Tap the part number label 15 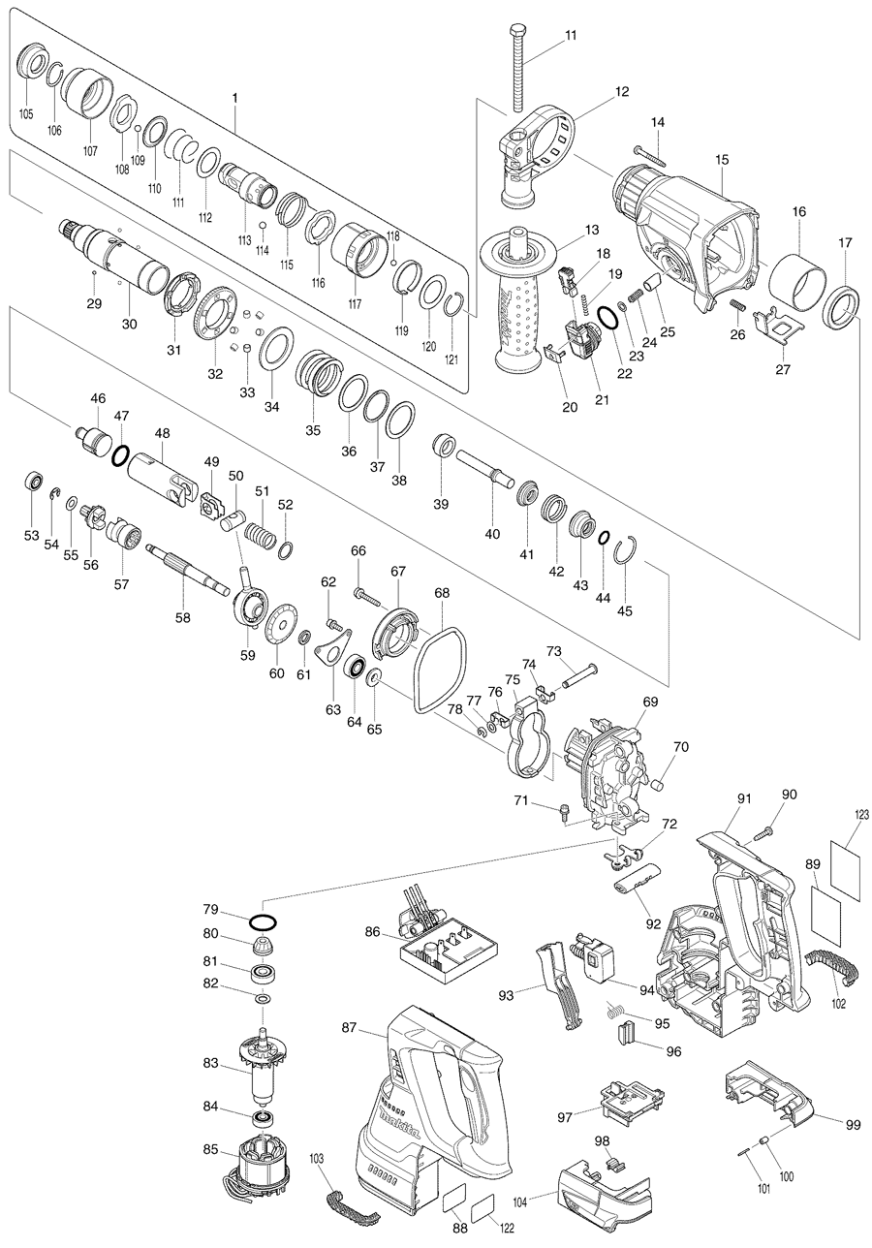pyautogui.click(x=722, y=158)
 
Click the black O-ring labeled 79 pyautogui.click(x=264, y=922)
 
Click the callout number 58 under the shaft pyautogui.click(x=182, y=617)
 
